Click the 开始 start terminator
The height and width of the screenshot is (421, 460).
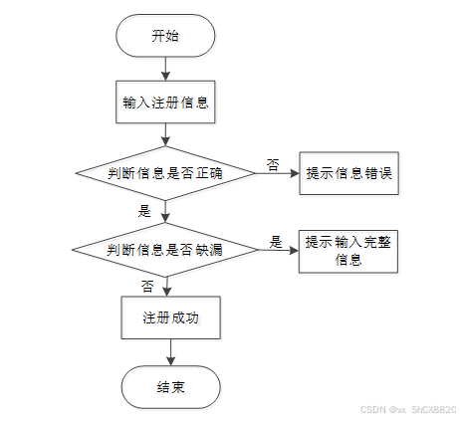coord(165,36)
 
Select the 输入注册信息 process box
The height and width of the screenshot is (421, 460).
coord(165,103)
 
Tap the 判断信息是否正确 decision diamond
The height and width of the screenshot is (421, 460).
coord(165,173)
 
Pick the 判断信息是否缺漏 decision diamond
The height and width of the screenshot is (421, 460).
coord(165,250)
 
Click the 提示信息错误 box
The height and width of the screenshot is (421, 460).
coord(348,173)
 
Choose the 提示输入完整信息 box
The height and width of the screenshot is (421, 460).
coord(348,252)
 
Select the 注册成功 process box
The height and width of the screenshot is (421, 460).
coord(170,317)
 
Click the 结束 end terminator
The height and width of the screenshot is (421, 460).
coord(170,387)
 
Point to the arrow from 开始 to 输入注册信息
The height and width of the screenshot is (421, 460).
coord(165,69)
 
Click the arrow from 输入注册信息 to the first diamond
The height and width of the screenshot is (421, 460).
coord(165,134)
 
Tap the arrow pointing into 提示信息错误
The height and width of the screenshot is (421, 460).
coord(277,173)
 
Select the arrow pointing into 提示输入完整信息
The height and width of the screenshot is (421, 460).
coord(279,250)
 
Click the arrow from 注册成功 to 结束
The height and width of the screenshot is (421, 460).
coord(170,352)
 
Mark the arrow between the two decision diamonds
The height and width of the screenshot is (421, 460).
coord(165,211)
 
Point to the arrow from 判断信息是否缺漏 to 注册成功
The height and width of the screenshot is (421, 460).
coord(166,287)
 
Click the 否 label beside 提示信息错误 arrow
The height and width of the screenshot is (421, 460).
coord(273,164)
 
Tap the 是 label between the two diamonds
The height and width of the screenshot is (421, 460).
coord(144,211)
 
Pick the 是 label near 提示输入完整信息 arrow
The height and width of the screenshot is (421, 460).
coord(276,242)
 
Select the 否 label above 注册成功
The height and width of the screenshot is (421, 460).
coord(147,286)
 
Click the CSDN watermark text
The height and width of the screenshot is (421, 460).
coord(408,410)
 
